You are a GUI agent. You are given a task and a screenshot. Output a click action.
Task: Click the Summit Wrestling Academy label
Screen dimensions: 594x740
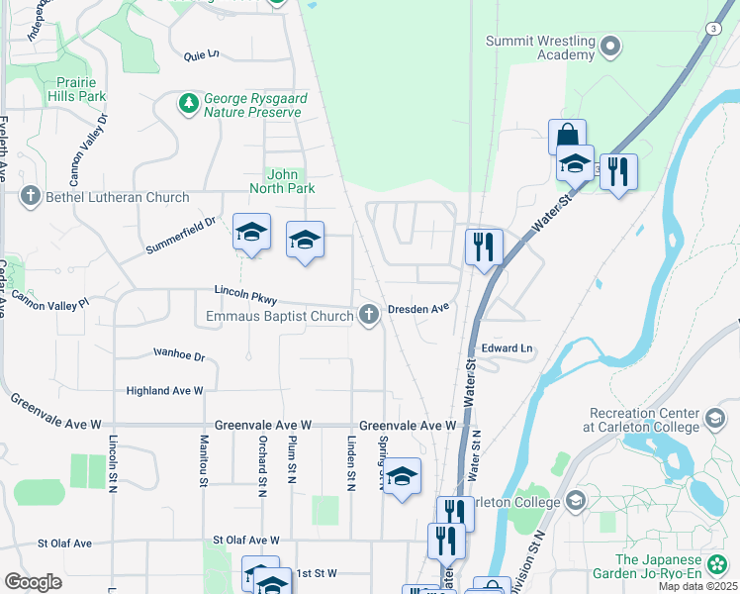pyautogui.click(x=539, y=48)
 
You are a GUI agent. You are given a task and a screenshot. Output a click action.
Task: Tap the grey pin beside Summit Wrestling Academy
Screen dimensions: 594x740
pyautogui.click(x=610, y=45)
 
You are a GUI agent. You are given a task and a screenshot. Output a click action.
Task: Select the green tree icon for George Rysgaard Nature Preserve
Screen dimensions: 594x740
pyautogui.click(x=187, y=103)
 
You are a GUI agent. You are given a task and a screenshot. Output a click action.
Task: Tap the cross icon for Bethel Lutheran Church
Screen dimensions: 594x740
pyautogui.click(x=31, y=197)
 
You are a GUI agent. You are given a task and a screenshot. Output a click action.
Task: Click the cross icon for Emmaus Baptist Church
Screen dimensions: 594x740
pyautogui.click(x=369, y=316)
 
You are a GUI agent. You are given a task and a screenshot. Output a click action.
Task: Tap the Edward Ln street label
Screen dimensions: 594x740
pyautogui.click(x=507, y=348)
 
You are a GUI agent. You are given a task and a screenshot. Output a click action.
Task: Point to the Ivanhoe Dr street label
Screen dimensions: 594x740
pyautogui.click(x=178, y=354)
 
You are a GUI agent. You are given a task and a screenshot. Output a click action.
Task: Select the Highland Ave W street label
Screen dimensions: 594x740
pyautogui.click(x=164, y=391)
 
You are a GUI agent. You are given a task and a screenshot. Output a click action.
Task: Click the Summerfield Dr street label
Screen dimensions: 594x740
pyautogui.click(x=179, y=228)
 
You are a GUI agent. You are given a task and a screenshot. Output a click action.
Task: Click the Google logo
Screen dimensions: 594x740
pyautogui.click(x=33, y=582)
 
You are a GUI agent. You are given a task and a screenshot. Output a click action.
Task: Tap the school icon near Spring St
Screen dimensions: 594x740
pyautogui.click(x=402, y=476)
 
